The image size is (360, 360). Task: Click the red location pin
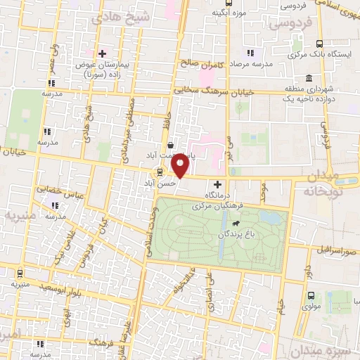pyautogui.click(x=181, y=165)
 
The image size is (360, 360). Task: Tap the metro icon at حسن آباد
pyautogui.click(x=159, y=172)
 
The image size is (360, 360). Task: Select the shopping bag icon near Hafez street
pyautogui.click(x=172, y=146)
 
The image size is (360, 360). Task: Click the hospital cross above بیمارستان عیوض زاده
pyautogui.click(x=102, y=53)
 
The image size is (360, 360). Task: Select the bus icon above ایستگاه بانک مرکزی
pyautogui.click(x=319, y=43)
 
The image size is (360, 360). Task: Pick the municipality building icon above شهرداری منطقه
pyautogui.click(x=309, y=78)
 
